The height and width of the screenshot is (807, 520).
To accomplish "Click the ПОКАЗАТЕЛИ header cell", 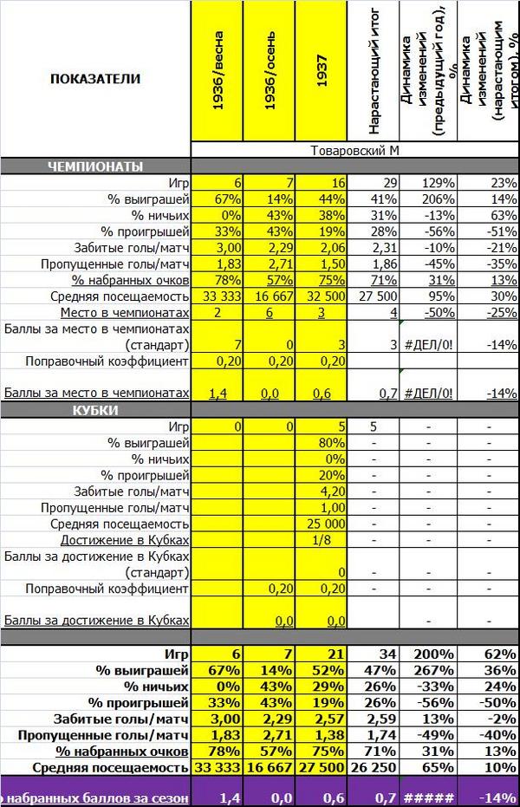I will pyautogui.click(x=94, y=78).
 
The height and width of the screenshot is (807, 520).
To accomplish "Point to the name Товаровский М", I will pyautogui.click(x=354, y=151).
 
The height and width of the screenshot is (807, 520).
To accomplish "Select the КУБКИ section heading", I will pyautogui.click(x=95, y=409).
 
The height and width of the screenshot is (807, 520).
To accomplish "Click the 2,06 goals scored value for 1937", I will pyautogui.click(x=330, y=247).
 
